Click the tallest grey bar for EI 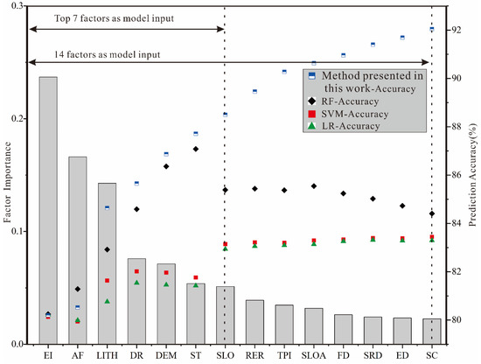(48, 210)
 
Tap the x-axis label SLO (225, 356)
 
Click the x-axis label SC (431, 356)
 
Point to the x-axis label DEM (166, 356)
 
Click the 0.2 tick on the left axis (19, 118)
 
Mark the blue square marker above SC (431, 29)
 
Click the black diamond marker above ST (196, 149)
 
